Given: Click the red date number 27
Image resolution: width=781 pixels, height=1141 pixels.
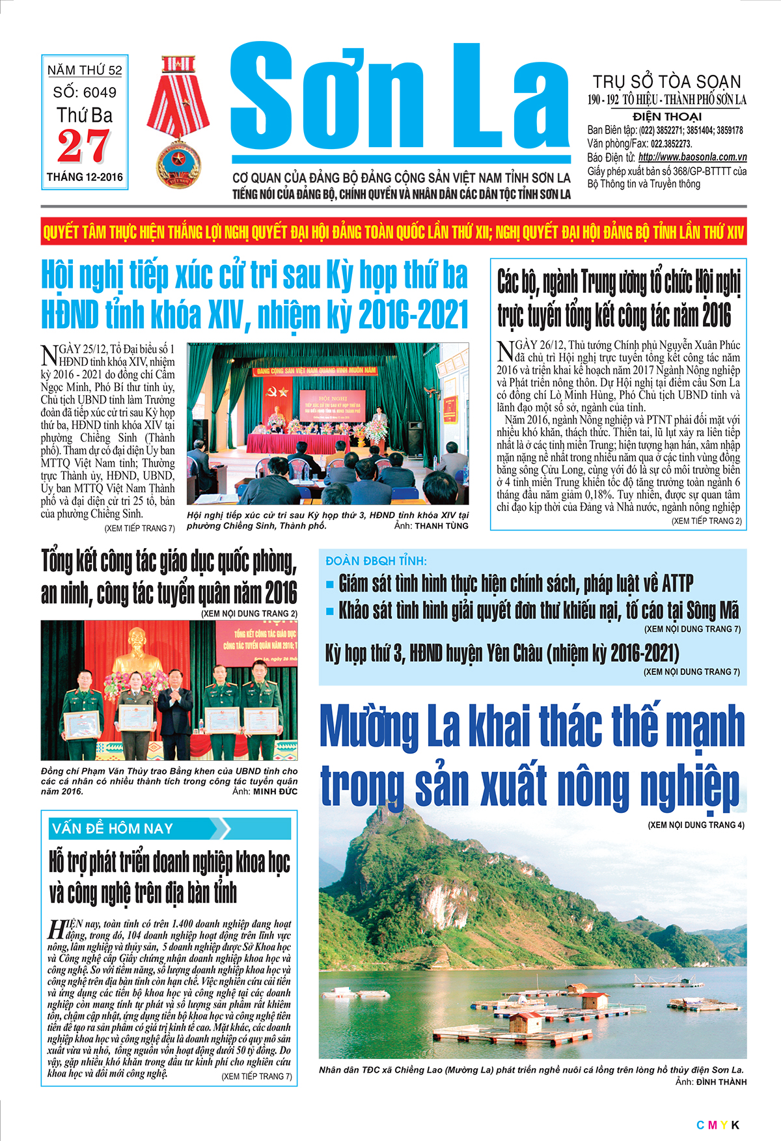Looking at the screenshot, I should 84,146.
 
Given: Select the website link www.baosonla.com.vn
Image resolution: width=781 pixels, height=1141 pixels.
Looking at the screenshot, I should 692,157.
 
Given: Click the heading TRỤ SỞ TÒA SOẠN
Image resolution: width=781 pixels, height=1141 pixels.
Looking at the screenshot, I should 666,82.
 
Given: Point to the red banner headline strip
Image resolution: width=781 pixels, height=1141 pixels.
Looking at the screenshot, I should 393,232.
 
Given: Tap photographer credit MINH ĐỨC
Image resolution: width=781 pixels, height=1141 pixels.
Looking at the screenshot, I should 275,791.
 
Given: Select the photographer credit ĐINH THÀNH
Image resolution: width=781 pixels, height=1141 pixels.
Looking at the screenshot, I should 721,1082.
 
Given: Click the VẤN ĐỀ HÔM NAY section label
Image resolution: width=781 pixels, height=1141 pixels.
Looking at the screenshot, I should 113,829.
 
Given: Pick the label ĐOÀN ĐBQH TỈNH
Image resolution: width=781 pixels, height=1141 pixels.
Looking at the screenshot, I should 376,561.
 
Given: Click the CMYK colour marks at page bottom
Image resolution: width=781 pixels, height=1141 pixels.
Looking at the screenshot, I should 717,1125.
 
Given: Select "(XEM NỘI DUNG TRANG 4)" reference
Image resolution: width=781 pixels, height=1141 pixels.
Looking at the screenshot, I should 696,825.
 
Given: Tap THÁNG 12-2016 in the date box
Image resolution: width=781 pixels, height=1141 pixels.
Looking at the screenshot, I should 85,177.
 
